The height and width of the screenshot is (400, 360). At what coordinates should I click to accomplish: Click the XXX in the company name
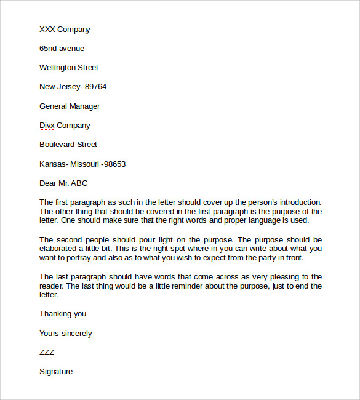47,30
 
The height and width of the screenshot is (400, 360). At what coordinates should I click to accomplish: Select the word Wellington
60,68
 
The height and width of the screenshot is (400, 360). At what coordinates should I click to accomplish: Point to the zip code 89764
95,87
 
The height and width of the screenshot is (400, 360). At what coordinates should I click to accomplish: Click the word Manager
85,106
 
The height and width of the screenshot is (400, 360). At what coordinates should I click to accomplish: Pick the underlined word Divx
47,126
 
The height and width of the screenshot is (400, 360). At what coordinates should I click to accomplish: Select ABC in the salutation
80,183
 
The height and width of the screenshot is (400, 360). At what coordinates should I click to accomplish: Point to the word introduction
298,202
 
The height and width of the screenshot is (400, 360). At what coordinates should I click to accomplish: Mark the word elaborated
60,249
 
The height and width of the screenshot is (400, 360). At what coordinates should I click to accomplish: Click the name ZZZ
47,353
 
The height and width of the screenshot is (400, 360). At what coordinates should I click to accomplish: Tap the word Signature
56,372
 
